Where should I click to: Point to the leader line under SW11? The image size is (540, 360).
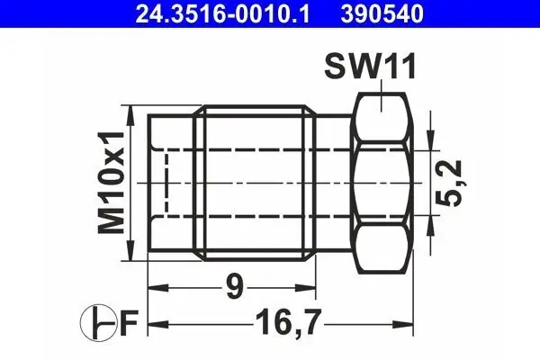click(x=383, y=88)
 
